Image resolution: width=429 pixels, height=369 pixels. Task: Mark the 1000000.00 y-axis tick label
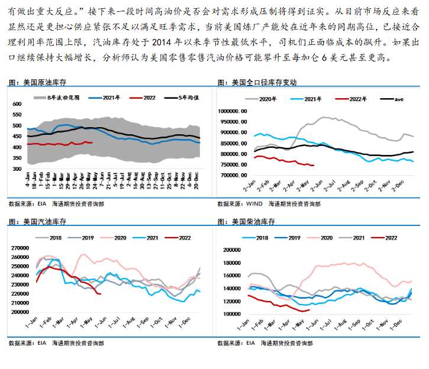tap(235, 111)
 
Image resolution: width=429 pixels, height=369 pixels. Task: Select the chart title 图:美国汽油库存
tap(34, 221)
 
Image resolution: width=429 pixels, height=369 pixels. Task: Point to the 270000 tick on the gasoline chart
tap(21, 248)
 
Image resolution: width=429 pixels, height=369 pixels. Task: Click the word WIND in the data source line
tap(254, 203)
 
